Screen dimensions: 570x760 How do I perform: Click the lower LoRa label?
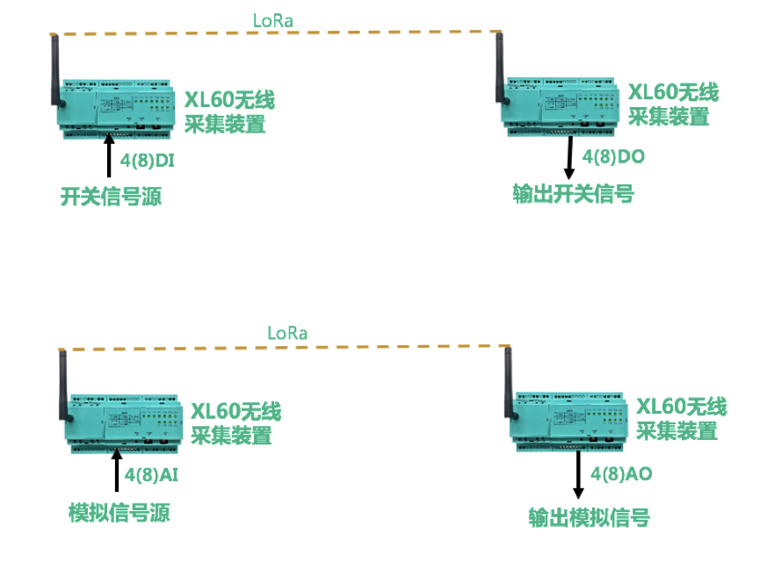(x=287, y=334)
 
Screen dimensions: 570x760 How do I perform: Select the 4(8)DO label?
(x=612, y=157)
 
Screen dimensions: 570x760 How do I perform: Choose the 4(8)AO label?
(x=621, y=475)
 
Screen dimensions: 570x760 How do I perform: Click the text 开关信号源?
(x=111, y=196)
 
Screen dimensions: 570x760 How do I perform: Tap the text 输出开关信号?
(x=573, y=194)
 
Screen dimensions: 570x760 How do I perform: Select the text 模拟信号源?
(x=119, y=513)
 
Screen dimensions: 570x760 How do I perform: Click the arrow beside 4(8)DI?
(x=110, y=158)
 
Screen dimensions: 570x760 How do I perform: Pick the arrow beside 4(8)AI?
(x=116, y=471)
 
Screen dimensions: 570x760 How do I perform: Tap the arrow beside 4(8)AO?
(x=578, y=475)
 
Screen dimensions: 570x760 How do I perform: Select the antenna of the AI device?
(x=63, y=386)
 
